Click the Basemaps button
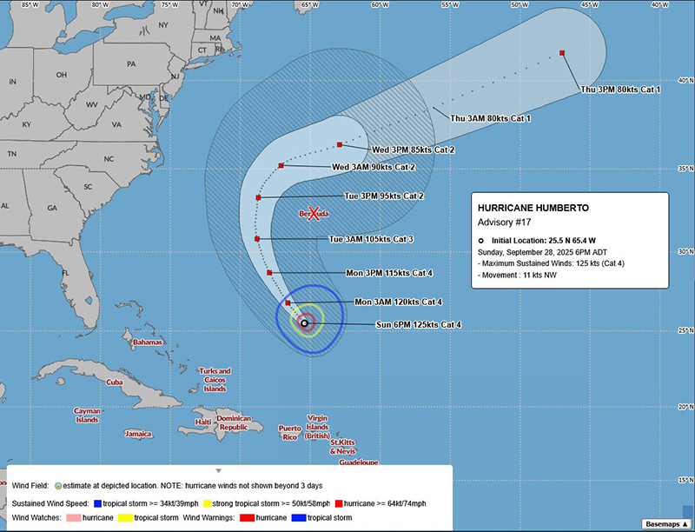click(666, 523)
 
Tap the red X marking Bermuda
click(315, 212)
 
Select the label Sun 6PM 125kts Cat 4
click(418, 324)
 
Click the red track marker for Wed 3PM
click(339, 144)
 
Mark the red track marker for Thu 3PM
click(563, 53)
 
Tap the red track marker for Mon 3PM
click(270, 273)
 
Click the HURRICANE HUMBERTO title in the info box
click(533, 209)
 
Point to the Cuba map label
click(115, 382)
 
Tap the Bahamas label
click(148, 342)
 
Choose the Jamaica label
click(138, 434)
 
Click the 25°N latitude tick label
click(685, 329)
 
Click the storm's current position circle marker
click(304, 323)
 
